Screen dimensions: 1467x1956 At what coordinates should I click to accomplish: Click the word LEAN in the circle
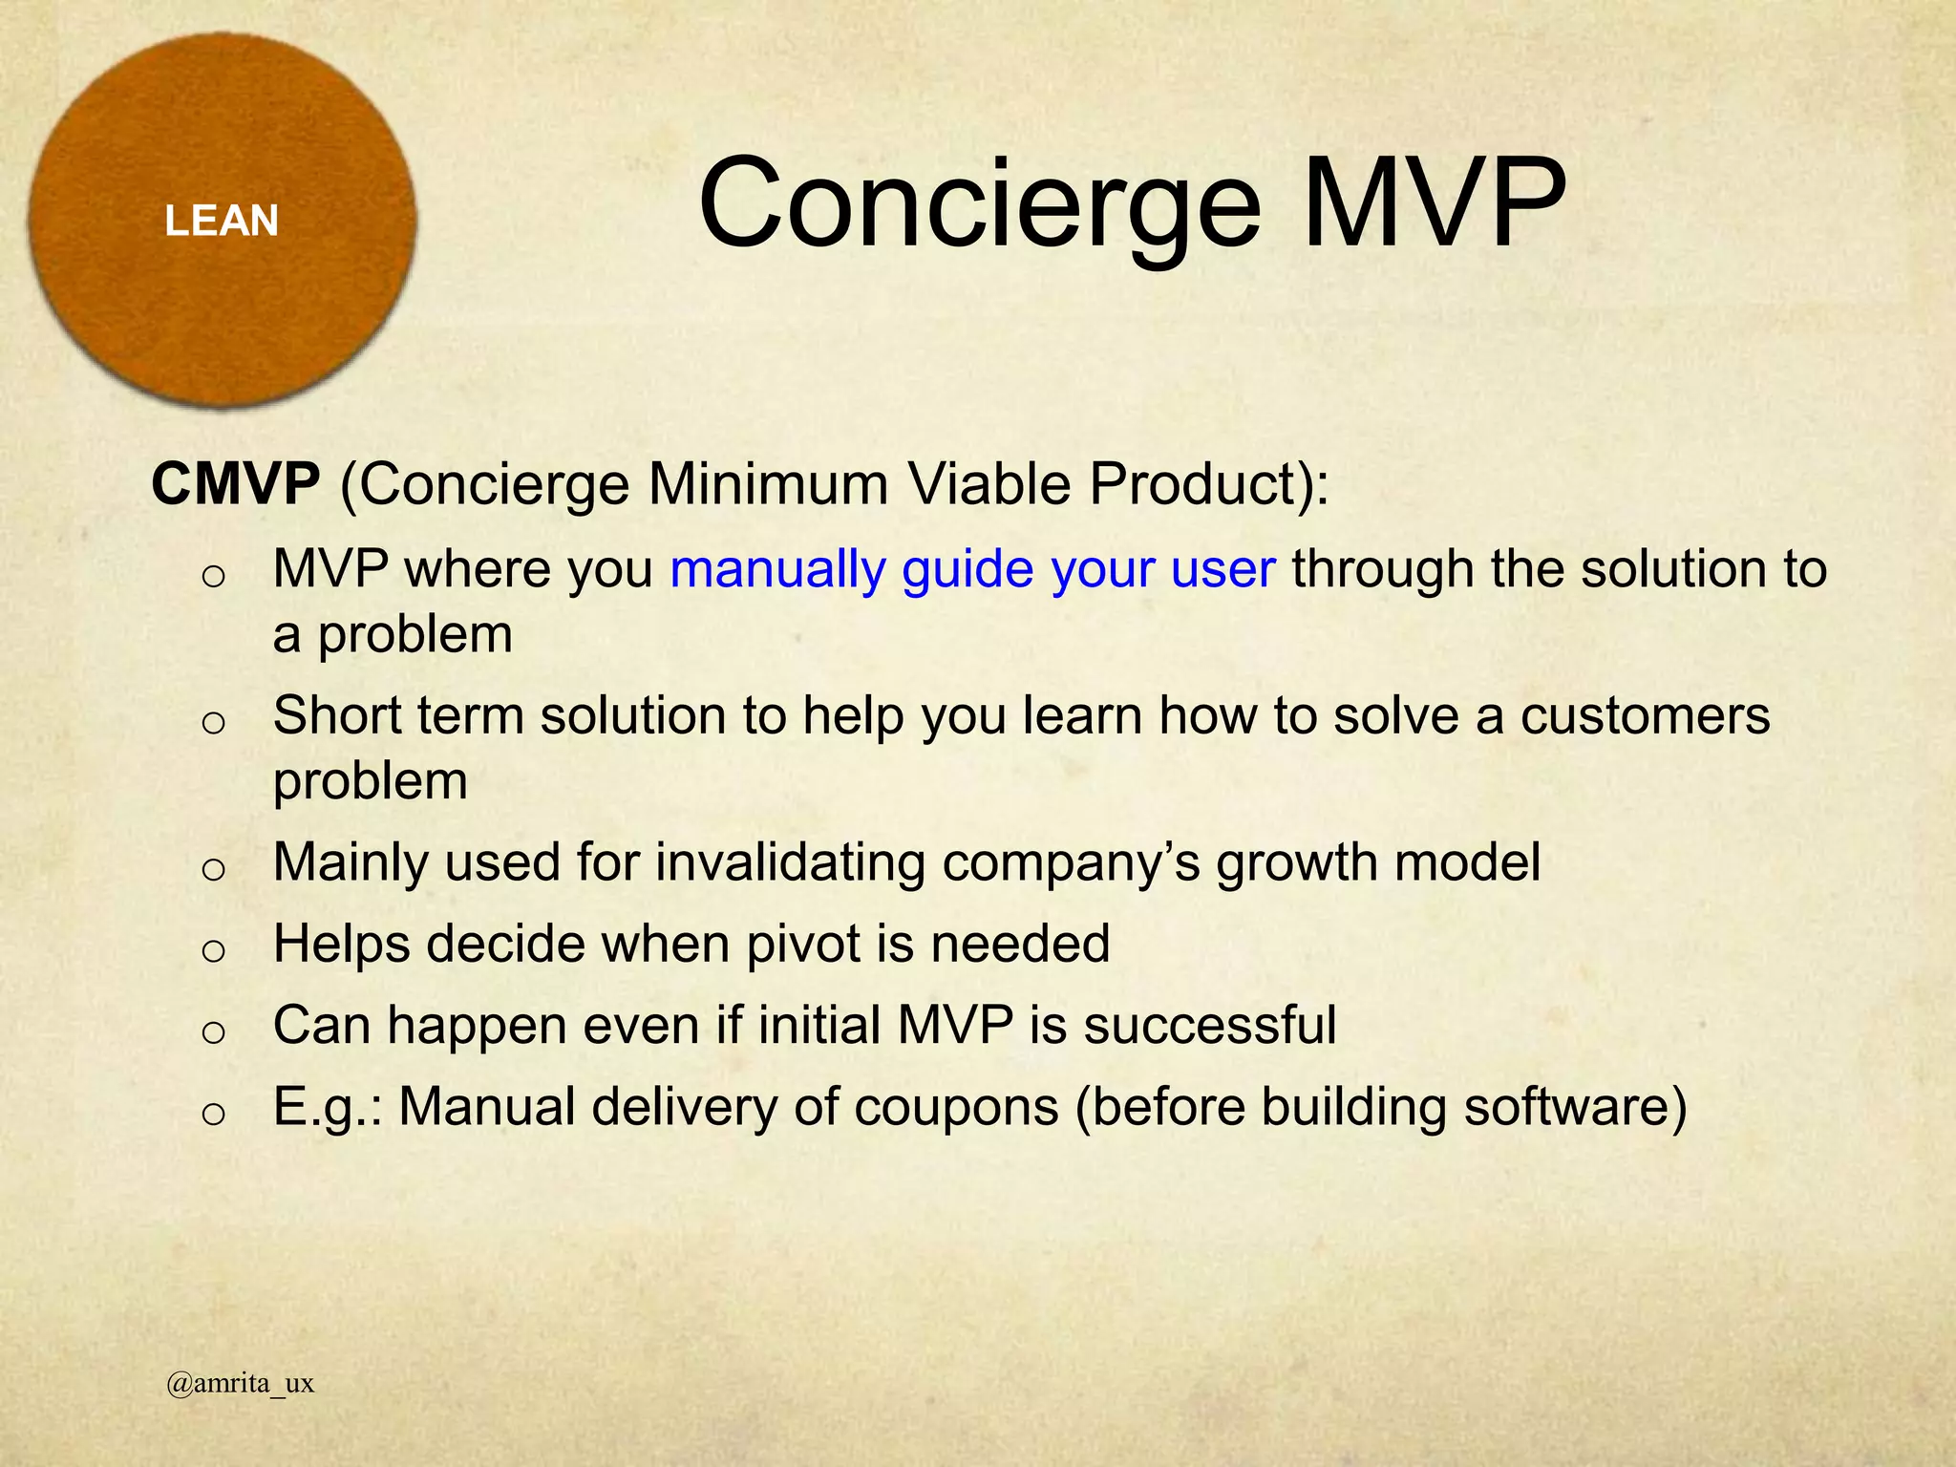tap(222, 222)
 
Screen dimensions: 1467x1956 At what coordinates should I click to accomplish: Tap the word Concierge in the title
tap(980, 205)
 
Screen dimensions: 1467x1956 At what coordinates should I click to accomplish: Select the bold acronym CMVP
tap(235, 483)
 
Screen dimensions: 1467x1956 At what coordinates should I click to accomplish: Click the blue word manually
tap(777, 570)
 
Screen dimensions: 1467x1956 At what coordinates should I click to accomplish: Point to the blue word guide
tap(967, 570)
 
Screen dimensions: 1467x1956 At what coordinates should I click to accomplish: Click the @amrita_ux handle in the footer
tap(240, 1383)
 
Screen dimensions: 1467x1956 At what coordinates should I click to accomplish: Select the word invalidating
tap(790, 862)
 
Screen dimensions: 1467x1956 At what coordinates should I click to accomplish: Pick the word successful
tap(1209, 1026)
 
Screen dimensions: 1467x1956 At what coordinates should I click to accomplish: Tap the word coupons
tap(956, 1108)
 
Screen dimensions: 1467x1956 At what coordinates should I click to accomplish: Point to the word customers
tap(1645, 716)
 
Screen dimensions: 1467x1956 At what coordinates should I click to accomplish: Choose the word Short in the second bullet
tap(336, 716)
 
